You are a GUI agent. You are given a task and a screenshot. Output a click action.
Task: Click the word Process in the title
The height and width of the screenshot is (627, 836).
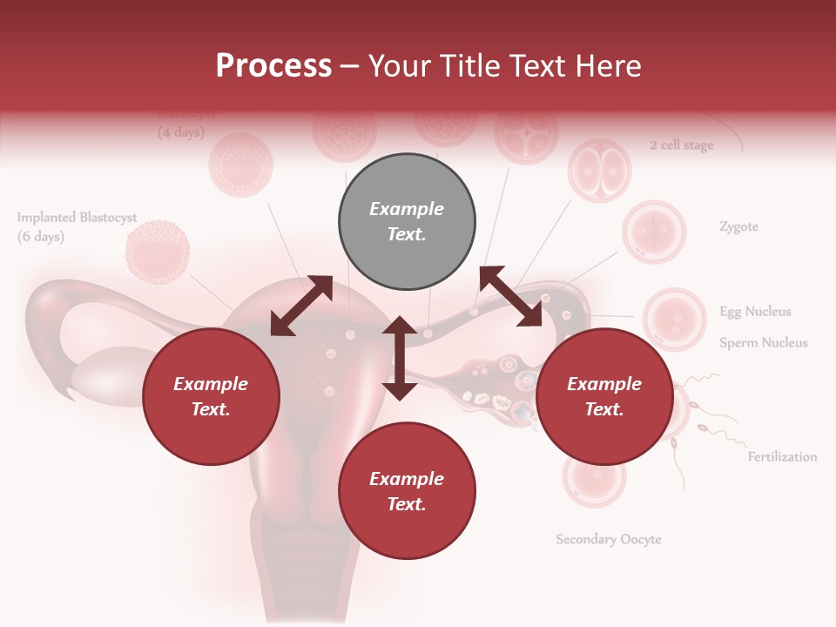pyautogui.click(x=273, y=65)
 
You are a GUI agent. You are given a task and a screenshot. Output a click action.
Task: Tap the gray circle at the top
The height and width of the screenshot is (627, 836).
pyautogui.click(x=407, y=222)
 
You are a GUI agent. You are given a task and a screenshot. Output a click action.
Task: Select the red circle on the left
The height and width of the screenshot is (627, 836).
pyautogui.click(x=211, y=397)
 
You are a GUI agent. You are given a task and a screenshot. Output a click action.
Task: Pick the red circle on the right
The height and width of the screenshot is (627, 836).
pyautogui.click(x=604, y=397)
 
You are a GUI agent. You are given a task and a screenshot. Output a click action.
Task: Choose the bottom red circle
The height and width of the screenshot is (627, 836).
pyautogui.click(x=407, y=491)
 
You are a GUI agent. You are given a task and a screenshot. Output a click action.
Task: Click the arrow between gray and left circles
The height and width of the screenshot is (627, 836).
pyautogui.click(x=301, y=306)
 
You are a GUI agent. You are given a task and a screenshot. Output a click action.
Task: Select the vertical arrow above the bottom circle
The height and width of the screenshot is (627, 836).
pyautogui.click(x=400, y=358)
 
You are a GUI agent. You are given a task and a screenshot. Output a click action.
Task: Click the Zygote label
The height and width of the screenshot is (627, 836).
pyautogui.click(x=738, y=227)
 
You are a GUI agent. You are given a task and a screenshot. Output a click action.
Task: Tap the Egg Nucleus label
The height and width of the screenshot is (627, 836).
pyautogui.click(x=755, y=312)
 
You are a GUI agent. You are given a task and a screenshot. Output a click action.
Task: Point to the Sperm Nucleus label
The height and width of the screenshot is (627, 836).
pyautogui.click(x=763, y=343)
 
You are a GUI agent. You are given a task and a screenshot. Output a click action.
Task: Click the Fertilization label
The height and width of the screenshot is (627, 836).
pyautogui.click(x=782, y=457)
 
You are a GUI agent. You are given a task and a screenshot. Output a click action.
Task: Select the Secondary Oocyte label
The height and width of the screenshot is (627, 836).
pyautogui.click(x=609, y=540)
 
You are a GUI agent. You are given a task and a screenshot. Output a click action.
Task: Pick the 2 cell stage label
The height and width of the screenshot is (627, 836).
pyautogui.click(x=681, y=145)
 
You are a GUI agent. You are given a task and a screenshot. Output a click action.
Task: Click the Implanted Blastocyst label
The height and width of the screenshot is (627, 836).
pyautogui.click(x=78, y=218)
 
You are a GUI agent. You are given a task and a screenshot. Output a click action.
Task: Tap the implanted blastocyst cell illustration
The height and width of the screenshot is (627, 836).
pyautogui.click(x=158, y=253)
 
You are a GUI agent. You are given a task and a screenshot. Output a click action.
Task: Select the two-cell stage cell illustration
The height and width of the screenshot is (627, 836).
pyautogui.click(x=599, y=170)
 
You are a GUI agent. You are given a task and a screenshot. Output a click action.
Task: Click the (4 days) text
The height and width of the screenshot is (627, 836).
pyautogui.click(x=180, y=133)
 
